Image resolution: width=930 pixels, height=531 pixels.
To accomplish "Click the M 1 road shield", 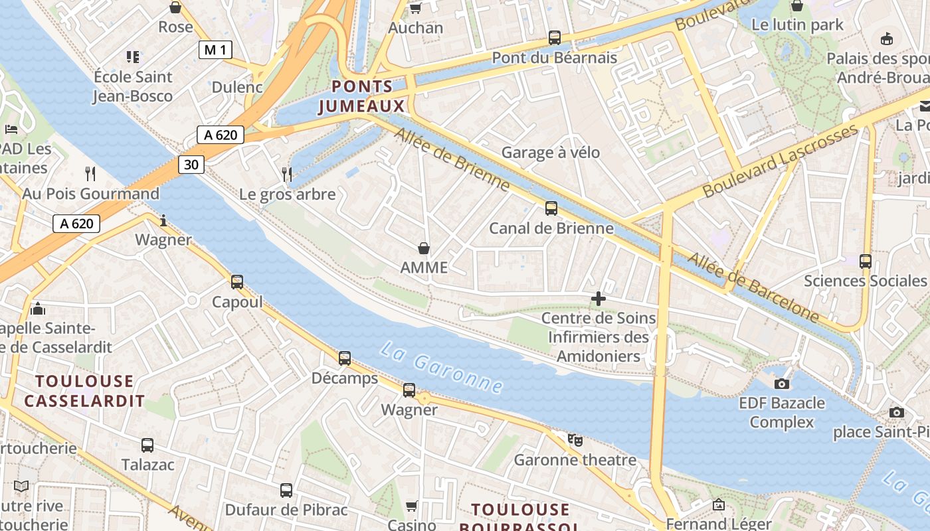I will point(215,49).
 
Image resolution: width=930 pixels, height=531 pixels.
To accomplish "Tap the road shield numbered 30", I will point(191,164).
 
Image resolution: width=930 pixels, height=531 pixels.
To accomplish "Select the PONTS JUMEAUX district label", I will point(362,96).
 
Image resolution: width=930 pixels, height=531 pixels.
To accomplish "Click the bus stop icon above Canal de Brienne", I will point(551,208).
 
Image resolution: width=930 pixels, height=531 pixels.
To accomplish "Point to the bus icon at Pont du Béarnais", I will point(555,38).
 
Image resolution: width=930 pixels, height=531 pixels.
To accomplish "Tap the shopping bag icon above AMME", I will point(424,249).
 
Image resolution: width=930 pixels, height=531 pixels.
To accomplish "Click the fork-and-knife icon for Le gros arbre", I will point(287,175).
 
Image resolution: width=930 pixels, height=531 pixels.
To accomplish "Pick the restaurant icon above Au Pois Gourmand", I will point(90,174).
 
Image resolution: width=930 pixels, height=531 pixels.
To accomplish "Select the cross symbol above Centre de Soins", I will point(599,299).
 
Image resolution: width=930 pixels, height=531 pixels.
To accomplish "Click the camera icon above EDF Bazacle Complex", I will point(782,384).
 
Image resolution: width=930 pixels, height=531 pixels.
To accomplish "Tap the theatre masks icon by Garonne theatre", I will point(575,439).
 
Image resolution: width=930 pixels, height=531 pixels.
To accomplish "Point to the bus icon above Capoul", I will point(237,282).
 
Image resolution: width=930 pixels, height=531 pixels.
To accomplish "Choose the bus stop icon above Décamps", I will point(345,358).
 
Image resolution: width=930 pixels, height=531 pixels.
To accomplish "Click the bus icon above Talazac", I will point(147,445).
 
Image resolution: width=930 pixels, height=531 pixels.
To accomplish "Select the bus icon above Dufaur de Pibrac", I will point(286,491).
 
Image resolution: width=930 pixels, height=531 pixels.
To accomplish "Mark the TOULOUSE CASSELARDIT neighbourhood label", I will point(84,391).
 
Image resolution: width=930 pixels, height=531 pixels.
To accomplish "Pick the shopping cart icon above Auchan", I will point(415,8).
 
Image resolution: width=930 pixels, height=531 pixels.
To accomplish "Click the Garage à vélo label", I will point(551,153).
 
